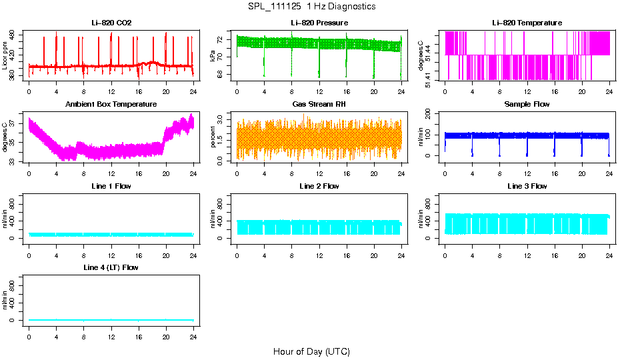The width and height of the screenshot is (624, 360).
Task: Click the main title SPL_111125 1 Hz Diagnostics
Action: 311,7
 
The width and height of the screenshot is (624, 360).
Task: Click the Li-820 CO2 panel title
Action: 111,23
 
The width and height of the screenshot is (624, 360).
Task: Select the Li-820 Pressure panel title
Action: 319,23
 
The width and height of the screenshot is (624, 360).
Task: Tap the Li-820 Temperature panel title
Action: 527,23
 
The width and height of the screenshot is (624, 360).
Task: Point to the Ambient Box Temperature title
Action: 111,105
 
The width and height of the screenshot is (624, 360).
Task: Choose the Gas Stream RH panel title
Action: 319,105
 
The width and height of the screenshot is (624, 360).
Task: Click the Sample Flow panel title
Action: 527,105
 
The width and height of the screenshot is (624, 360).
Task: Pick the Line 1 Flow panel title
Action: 111,187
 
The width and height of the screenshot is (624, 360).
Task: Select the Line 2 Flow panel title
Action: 319,187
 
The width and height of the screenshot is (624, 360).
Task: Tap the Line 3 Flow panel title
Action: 527,187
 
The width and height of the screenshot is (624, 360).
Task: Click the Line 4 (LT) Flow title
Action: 111,268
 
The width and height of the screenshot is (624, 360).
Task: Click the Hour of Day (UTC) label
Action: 311,351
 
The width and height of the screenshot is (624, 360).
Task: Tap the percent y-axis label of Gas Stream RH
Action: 213,137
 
